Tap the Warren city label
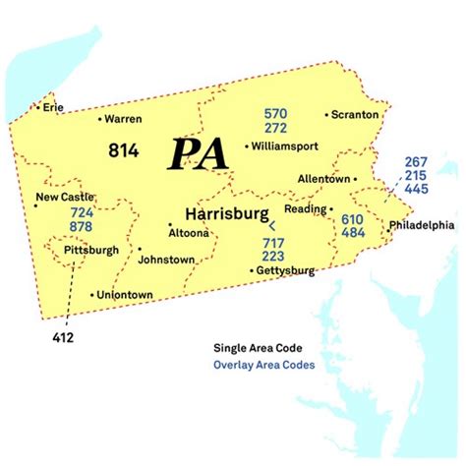click(x=124, y=119)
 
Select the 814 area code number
click(x=125, y=149)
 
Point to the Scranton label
click(x=356, y=114)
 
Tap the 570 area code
click(x=274, y=114)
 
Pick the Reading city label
click(x=305, y=208)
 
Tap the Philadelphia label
click(x=422, y=225)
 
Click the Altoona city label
click(x=189, y=233)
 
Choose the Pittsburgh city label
click(x=90, y=251)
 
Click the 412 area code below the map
click(x=62, y=338)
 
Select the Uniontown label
click(x=126, y=294)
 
